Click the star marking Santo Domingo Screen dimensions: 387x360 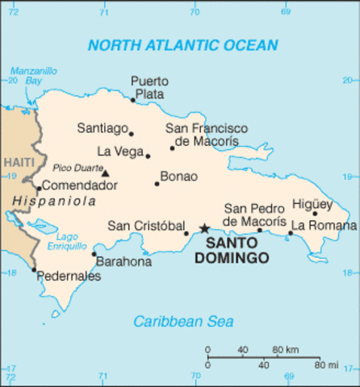pyautogui.click(x=204, y=229)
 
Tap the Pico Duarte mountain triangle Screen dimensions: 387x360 pyautogui.click(x=105, y=172)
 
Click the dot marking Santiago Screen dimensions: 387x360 pyautogui.click(x=132, y=134)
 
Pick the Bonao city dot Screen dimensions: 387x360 pyautogui.click(x=157, y=184)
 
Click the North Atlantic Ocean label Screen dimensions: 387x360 pyautogui.click(x=182, y=45)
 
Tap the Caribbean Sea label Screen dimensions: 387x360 pyautogui.click(x=183, y=322)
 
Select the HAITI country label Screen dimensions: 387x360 pyautogui.click(x=18, y=162)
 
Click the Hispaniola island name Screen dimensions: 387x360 pyautogui.click(x=48, y=201)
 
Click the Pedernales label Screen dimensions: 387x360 pyautogui.click(x=68, y=277)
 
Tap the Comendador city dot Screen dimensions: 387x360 pyautogui.click(x=39, y=188)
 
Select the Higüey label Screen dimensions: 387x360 pyautogui.click(x=312, y=204)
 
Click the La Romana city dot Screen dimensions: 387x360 pyautogui.click(x=291, y=233)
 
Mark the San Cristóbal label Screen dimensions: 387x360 pyautogui.click(x=143, y=225)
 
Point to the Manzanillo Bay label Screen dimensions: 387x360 pyautogui.click(x=33, y=76)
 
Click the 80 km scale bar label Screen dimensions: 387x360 pyautogui.click(x=285, y=349)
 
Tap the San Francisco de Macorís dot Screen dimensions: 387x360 pyautogui.click(x=172, y=148)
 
